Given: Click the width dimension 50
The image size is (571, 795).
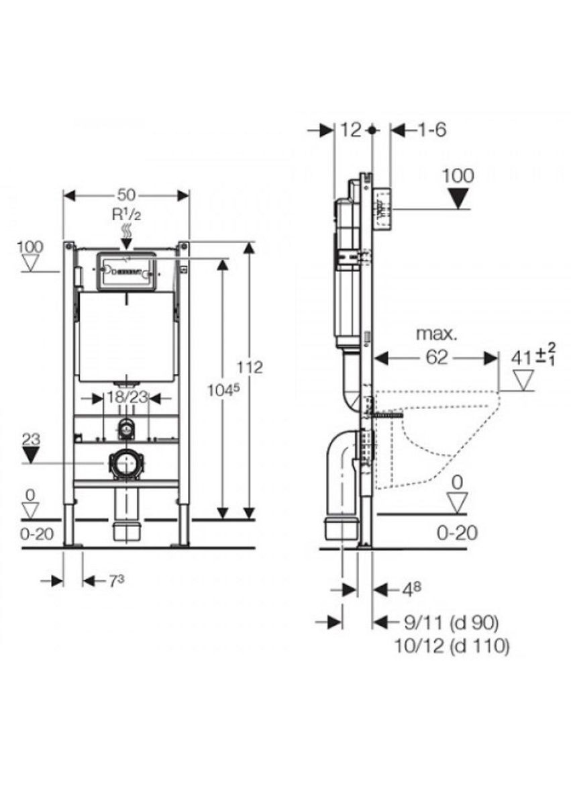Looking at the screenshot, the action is pyautogui.click(x=126, y=195).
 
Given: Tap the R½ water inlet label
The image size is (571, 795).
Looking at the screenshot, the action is pyautogui.click(x=126, y=214).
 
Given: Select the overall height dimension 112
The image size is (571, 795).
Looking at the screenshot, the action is pyautogui.click(x=250, y=367).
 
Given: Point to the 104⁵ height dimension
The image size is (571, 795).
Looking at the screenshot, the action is pyautogui.click(x=223, y=390).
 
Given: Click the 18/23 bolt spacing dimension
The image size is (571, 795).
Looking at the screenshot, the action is pyautogui.click(x=127, y=397).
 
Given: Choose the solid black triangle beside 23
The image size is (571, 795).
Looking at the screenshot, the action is pyautogui.click(x=31, y=455).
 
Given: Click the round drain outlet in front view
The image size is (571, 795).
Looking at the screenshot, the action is pyautogui.click(x=125, y=463).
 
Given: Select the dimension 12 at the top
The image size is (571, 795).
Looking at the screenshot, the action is pyautogui.click(x=351, y=130).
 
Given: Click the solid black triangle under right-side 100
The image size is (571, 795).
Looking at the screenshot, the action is pyautogui.click(x=458, y=197).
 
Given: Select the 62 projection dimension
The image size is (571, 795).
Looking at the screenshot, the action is pyautogui.click(x=437, y=357).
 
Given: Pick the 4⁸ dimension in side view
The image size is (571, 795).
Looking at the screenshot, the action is pyautogui.click(x=411, y=589).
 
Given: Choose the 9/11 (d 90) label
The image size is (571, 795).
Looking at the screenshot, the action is pyautogui.click(x=450, y=622).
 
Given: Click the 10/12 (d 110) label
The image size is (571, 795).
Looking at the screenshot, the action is pyautogui.click(x=452, y=646).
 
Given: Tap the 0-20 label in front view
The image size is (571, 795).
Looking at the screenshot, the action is pyautogui.click(x=37, y=533).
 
